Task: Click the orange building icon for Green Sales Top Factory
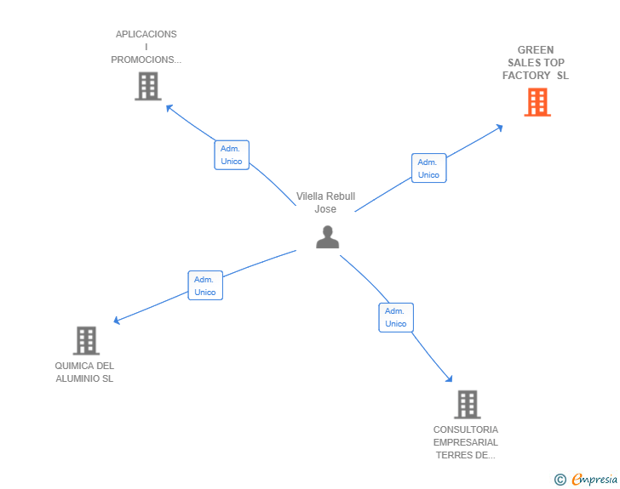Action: coord(537,102)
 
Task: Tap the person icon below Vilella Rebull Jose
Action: coord(327,237)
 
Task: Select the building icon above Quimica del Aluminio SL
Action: coord(86,340)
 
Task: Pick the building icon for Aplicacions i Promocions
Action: coord(148,86)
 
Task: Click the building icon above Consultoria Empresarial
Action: coord(468,405)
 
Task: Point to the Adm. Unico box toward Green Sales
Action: coord(429,168)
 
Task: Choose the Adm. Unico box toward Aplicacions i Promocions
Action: coord(232,155)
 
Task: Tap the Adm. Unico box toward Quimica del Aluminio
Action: coord(205,285)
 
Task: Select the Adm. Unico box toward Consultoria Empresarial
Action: coord(396,317)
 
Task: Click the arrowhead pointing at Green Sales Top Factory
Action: coord(500,128)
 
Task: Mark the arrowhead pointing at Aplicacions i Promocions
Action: coord(169,107)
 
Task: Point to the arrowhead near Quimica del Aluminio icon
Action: coord(117,321)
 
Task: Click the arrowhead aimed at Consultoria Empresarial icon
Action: coord(449,378)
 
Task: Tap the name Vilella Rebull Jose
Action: coord(326,202)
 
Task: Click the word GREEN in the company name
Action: coord(536,50)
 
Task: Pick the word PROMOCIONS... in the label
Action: coord(146,60)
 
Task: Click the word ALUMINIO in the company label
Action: coord(77,378)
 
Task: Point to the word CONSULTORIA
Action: coord(466,429)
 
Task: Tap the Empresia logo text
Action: coord(594,480)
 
